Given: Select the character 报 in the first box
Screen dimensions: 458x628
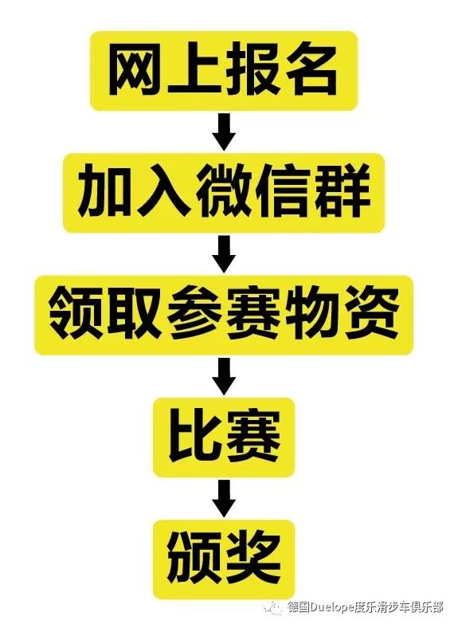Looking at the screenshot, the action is [251, 71].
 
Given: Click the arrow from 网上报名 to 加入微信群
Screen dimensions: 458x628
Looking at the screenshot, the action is [224, 131].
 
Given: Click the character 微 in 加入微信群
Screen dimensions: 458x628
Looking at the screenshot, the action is [224, 193].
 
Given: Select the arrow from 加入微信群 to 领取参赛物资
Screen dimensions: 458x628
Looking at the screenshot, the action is [224, 254].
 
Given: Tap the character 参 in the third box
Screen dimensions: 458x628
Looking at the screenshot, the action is [195, 316].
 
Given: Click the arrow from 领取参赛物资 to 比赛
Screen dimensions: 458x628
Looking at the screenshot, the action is [224, 376].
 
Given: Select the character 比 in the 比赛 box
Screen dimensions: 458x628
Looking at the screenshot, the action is [195, 438].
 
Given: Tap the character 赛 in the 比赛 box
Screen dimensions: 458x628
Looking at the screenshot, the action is [253, 438].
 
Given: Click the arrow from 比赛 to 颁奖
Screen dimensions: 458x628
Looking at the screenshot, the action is [224, 499].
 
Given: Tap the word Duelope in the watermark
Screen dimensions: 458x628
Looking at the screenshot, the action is [333, 607].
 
